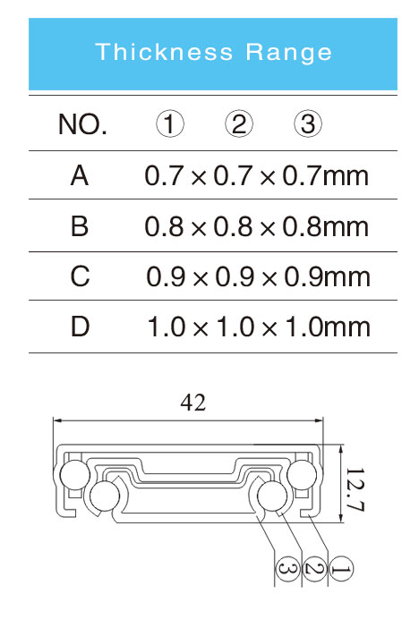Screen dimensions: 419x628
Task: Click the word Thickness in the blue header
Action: pos(164,52)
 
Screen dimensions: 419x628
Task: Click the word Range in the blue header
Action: pos(288,53)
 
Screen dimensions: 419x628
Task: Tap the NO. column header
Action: pos(82,124)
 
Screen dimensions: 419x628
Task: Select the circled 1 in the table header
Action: pos(170,123)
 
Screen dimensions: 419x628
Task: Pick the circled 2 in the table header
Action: pos(239,123)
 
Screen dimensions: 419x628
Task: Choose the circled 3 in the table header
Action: pos(307,123)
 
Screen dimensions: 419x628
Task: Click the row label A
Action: pos(80,176)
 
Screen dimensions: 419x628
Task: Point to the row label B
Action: pos(80,226)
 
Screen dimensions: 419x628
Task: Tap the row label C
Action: pos(80,276)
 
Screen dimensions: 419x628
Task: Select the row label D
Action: pos(80,327)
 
